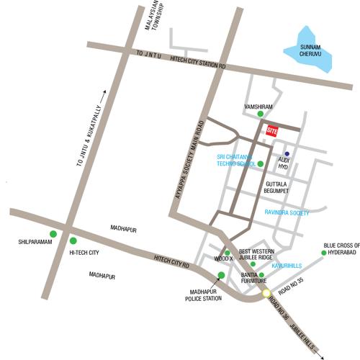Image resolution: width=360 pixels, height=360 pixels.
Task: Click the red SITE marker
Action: point(272,131)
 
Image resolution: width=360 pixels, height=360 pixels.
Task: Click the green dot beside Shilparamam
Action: point(53,234)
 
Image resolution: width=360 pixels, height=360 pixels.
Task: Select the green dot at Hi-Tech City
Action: point(73,241)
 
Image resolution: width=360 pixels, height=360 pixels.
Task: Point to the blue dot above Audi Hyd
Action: point(287,153)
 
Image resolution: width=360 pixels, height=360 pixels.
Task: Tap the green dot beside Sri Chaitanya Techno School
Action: point(261,164)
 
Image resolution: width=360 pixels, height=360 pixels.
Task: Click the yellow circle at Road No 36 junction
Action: point(266,293)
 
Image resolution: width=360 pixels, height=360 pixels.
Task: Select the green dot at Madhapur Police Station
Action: point(221,276)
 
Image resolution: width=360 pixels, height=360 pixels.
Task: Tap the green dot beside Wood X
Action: point(228,253)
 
